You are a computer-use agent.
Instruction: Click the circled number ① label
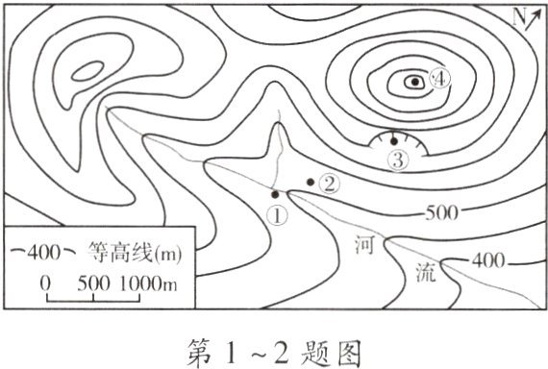pos(276,214)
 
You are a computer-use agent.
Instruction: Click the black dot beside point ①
pos(275,194)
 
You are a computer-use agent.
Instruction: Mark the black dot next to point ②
pos(310,182)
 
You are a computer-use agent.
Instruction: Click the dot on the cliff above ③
pos(393,140)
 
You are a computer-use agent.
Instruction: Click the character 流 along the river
pos(424,271)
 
